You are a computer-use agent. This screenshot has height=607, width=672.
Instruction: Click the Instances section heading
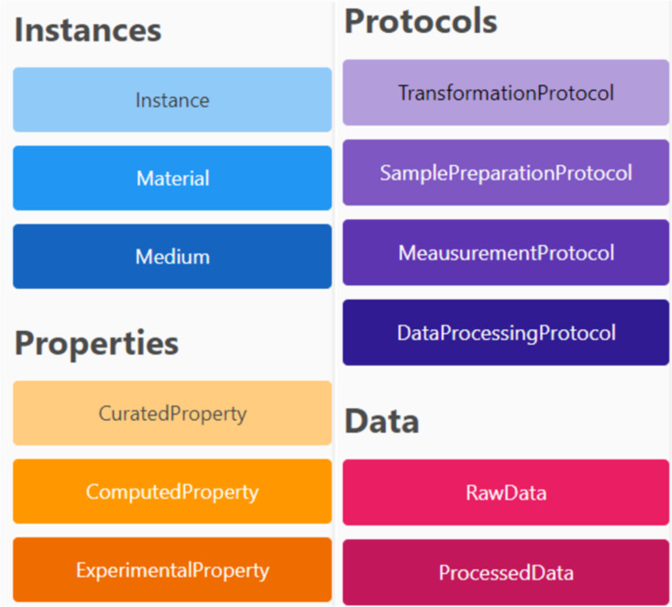[88, 30]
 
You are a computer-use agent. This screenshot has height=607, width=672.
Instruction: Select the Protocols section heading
[421, 21]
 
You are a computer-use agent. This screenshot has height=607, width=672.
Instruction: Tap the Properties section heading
[96, 344]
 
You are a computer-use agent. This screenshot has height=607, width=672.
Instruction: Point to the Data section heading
[382, 421]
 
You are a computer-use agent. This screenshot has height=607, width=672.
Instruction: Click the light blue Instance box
[172, 99]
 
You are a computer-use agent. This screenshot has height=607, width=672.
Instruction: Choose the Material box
[172, 178]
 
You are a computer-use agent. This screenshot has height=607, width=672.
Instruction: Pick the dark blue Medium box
[172, 257]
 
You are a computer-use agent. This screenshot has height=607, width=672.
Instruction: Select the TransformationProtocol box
[506, 93]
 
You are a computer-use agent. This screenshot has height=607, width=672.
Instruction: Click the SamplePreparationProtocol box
[506, 172]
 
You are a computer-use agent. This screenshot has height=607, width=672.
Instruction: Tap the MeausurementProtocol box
[506, 252]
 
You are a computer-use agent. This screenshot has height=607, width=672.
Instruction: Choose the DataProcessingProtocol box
[506, 333]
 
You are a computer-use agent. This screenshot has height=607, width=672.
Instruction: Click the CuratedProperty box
[172, 413]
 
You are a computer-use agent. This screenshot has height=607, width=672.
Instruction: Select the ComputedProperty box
[172, 491]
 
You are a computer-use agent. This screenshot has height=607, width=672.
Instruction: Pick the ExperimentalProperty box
[172, 569]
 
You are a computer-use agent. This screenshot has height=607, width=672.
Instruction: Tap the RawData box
[506, 492]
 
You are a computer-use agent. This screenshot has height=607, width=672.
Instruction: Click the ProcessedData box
[506, 572]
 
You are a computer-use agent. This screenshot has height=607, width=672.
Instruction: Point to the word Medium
[172, 257]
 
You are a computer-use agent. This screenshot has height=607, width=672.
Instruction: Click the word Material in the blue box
[172, 178]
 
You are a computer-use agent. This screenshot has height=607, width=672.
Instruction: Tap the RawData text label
[506, 493]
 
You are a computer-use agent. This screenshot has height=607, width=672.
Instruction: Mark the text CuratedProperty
[172, 414]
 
